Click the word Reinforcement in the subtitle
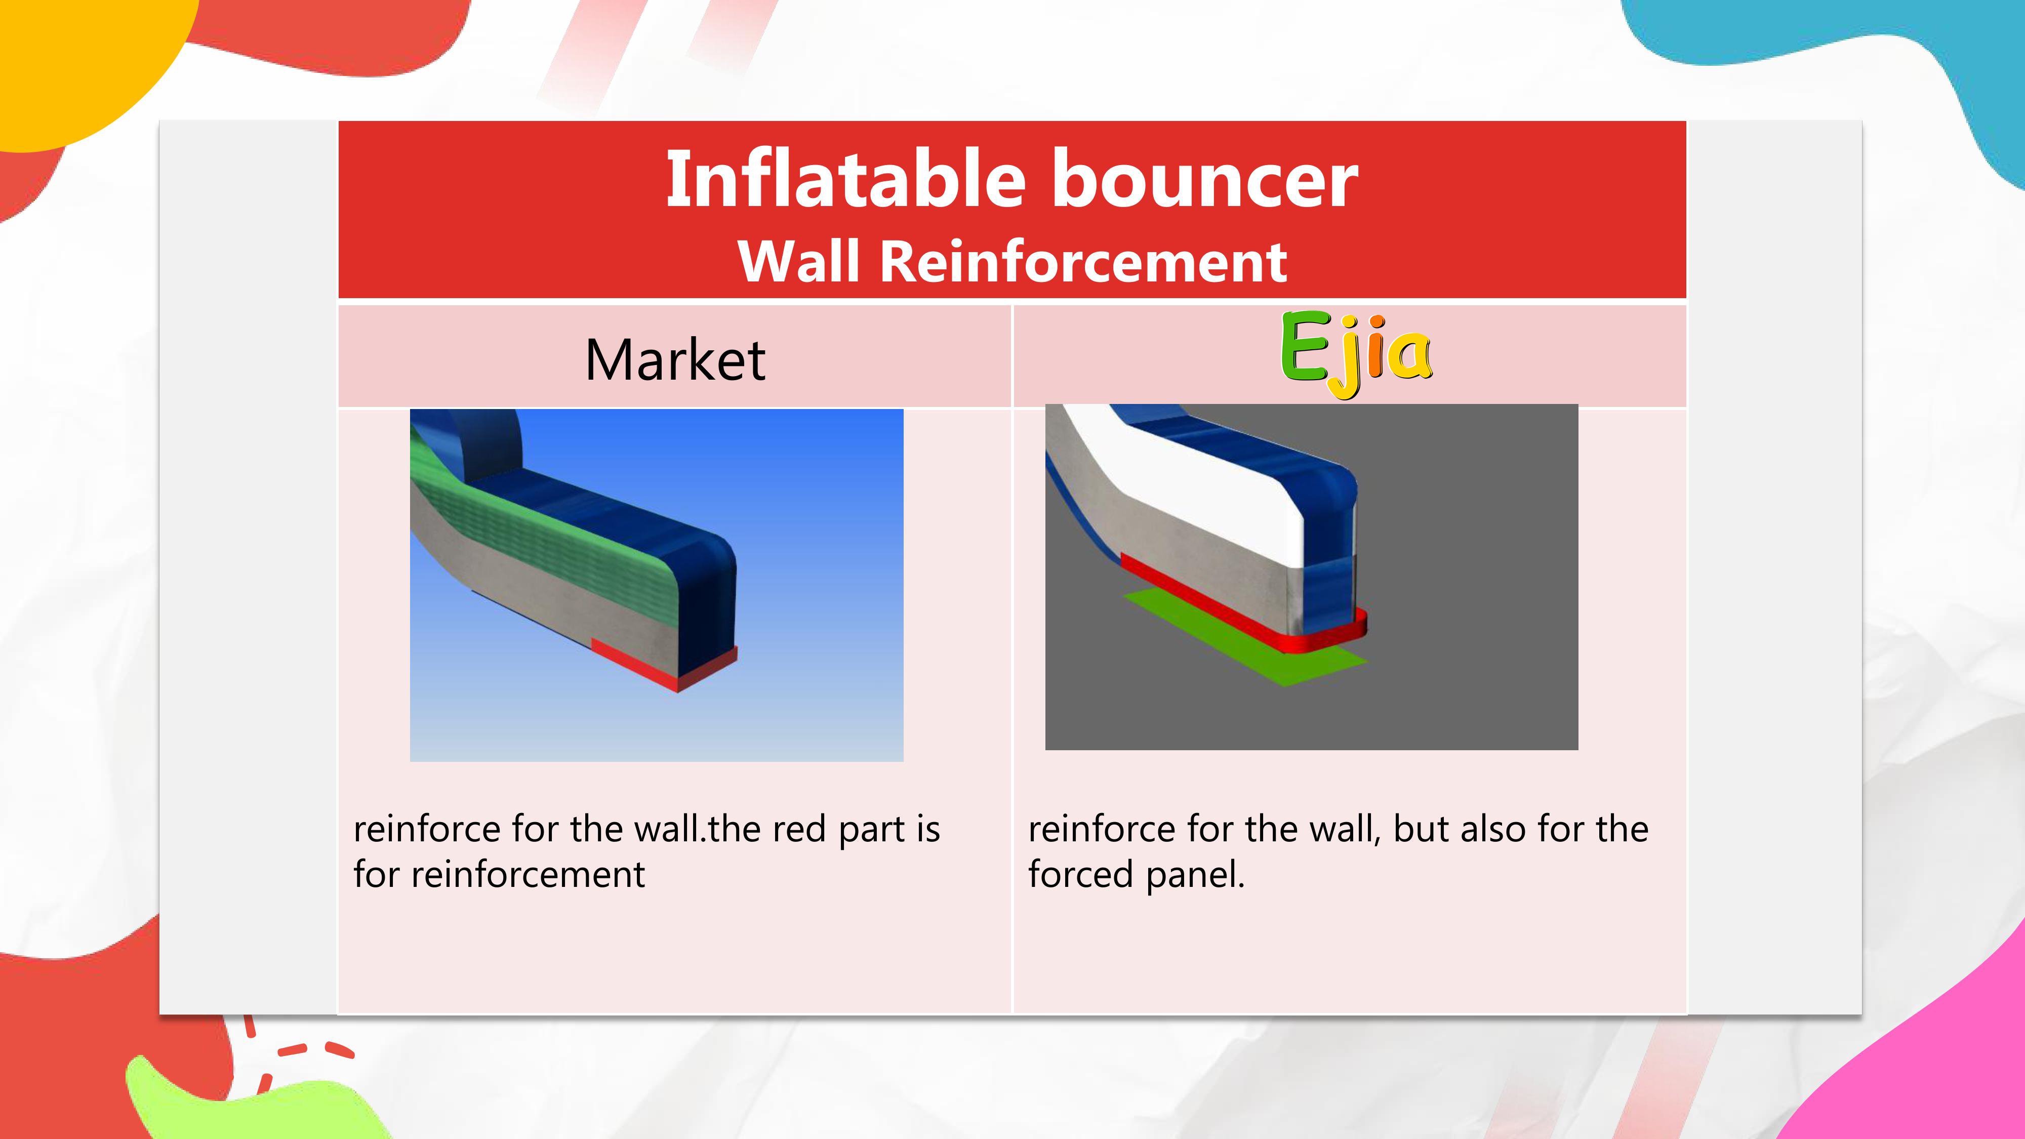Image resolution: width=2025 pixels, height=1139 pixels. [1083, 261]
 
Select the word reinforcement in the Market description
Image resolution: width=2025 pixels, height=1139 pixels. [528, 874]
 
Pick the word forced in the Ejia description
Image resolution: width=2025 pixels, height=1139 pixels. [1082, 874]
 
